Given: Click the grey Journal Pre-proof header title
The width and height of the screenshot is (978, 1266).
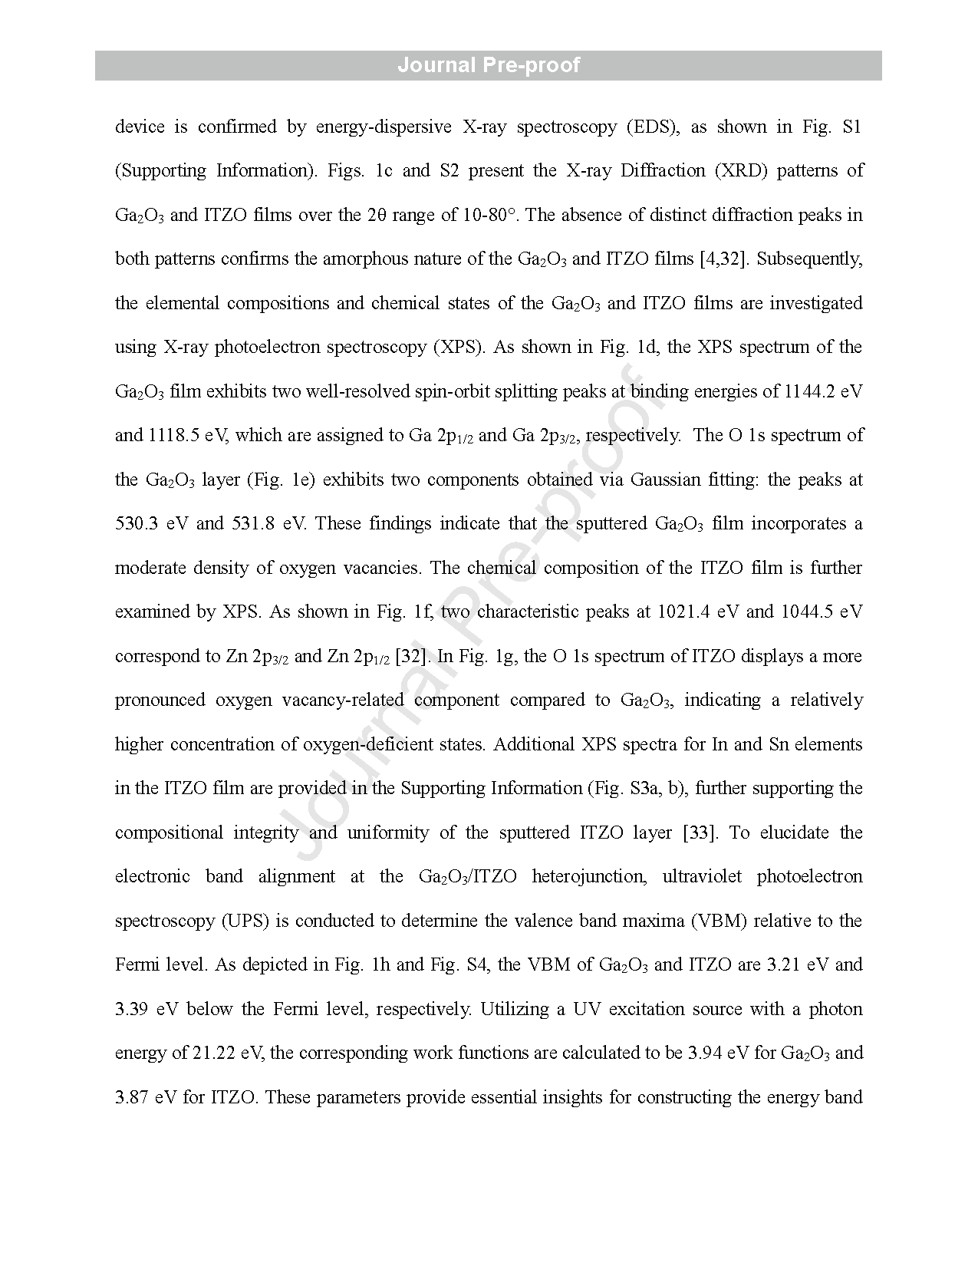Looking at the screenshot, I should tap(489, 65).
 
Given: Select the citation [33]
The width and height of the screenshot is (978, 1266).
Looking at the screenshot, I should tap(700, 832).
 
